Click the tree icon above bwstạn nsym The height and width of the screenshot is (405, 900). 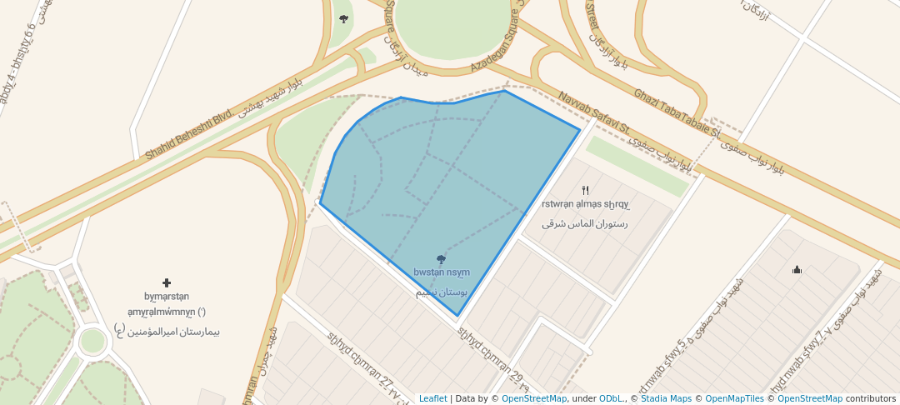coord(441,259)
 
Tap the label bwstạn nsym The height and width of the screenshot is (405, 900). coord(442,272)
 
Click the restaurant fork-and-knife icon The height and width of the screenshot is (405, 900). coord(585,191)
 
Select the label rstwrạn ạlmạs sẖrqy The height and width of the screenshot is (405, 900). coord(585,204)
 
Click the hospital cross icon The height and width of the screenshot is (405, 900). coord(167,283)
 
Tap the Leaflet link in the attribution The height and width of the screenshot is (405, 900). coord(432,398)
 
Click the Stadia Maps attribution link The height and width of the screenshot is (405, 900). coord(666,398)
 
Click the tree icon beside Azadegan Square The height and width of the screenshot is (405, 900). coord(343,18)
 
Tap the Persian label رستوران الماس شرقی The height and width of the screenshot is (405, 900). coord(584,223)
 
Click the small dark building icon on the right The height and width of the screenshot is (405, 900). coord(797,269)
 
